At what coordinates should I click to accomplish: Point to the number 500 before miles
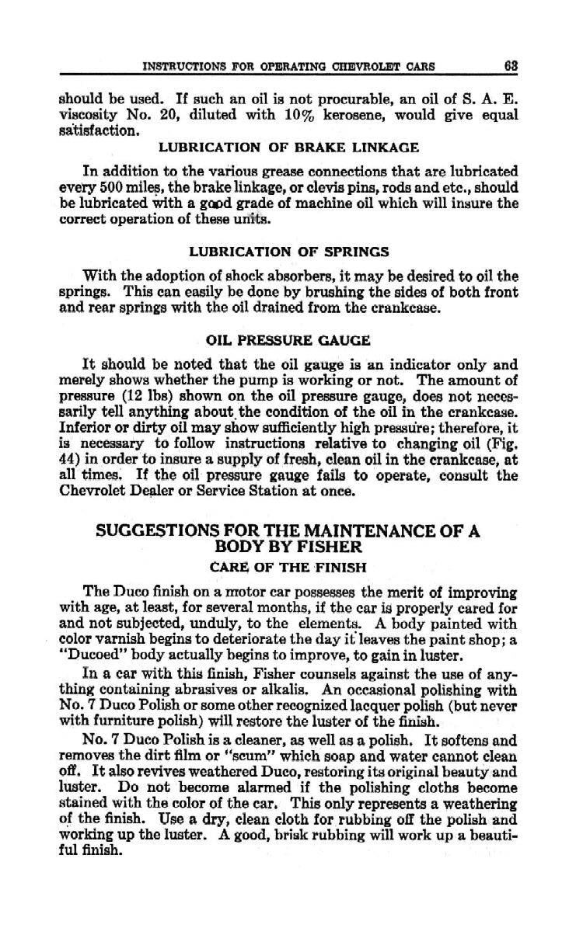pos(102,181)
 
